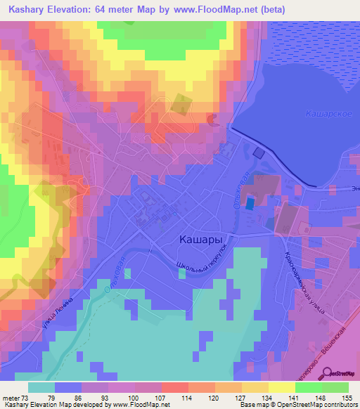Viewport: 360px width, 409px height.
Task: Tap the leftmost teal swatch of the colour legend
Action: point(41,387)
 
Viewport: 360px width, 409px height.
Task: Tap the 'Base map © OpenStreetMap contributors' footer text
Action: point(298,405)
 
